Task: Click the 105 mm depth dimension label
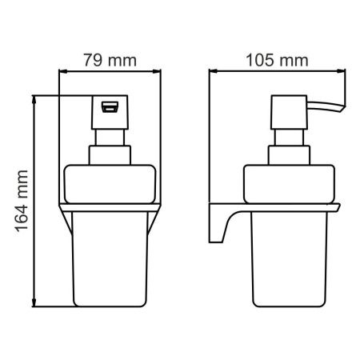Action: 266,58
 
